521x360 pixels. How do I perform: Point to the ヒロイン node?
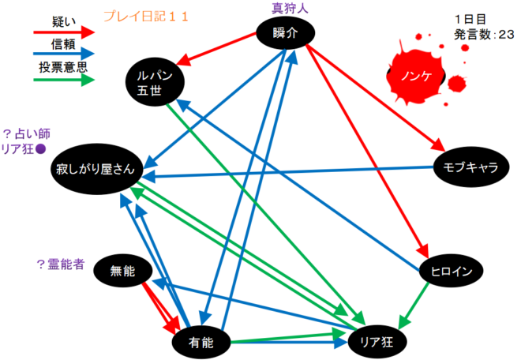[x=451, y=272]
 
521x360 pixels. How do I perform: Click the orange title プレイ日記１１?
[x=146, y=15]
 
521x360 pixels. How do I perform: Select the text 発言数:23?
[x=484, y=33]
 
